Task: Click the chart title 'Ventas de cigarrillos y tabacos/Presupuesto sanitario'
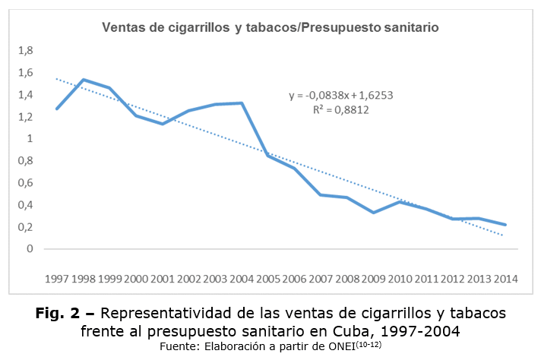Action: [271, 27]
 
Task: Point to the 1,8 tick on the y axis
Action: [26, 51]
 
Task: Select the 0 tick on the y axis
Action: [30, 249]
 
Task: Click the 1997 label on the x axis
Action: [58, 279]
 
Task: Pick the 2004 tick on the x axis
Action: [242, 279]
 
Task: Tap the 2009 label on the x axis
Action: [374, 279]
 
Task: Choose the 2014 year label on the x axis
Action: [505, 279]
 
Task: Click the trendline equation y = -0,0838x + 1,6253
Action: [340, 96]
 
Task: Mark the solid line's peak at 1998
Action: [84, 80]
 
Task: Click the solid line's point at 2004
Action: [242, 103]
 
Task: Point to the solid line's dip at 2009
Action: [374, 212]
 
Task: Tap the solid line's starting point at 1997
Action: [58, 109]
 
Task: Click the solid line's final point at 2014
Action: [505, 225]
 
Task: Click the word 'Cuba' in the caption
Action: [349, 331]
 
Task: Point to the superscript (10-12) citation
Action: [369, 343]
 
